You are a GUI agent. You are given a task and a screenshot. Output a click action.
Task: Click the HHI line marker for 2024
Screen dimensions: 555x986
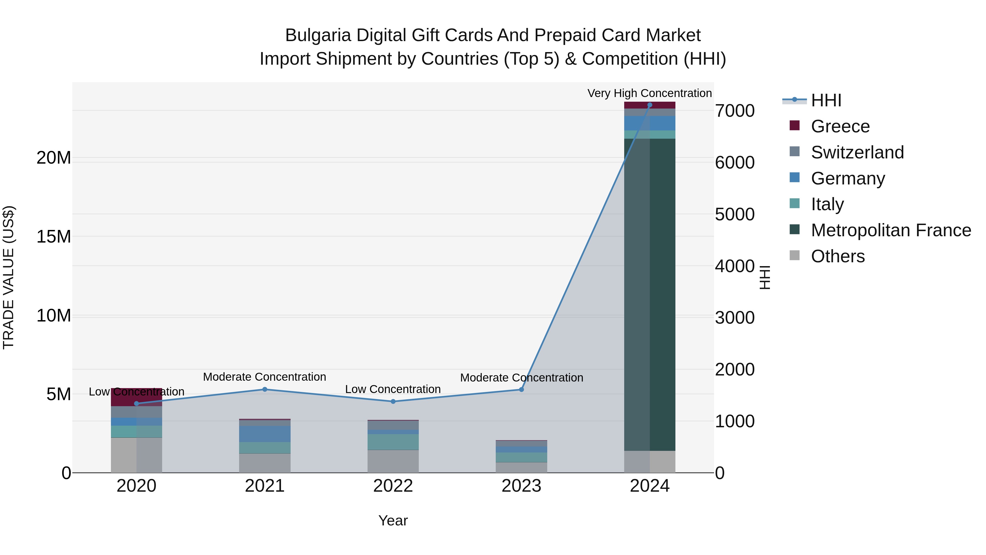(x=650, y=105)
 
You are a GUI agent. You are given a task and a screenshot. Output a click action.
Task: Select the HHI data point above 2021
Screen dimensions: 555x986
(x=265, y=389)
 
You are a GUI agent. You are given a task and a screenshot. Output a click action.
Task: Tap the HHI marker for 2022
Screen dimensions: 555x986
(x=393, y=402)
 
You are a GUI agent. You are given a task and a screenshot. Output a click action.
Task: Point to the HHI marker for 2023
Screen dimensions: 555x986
(x=521, y=389)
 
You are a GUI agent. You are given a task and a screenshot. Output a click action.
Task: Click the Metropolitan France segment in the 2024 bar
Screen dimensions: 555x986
(x=650, y=295)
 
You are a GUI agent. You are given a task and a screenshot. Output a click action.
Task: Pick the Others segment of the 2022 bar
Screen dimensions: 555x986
(x=393, y=461)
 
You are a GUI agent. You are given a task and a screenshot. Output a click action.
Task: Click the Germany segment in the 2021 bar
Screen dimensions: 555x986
(x=265, y=434)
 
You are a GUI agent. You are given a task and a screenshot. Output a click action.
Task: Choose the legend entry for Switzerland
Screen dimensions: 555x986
(x=857, y=152)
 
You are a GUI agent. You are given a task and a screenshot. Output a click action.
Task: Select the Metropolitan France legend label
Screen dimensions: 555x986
(x=891, y=230)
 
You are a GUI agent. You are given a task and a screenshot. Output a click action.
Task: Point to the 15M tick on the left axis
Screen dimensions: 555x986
(x=54, y=237)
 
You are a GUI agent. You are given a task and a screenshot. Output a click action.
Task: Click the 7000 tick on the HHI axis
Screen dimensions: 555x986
(x=735, y=111)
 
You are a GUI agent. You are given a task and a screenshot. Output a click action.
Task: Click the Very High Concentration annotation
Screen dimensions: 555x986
(x=650, y=93)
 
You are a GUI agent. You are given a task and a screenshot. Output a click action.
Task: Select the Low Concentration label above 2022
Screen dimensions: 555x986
(x=393, y=389)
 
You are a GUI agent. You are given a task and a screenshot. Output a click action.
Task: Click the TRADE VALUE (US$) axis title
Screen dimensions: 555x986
(x=8, y=277)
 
